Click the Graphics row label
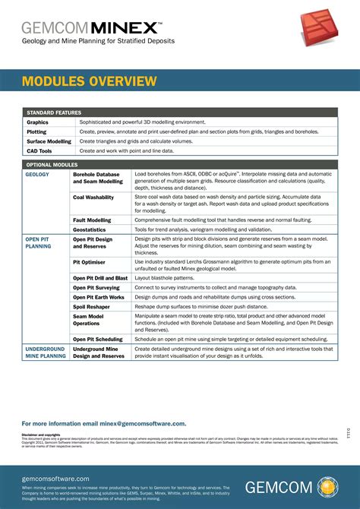(x=37, y=122)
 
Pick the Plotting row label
(x=36, y=131)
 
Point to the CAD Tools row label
(x=39, y=151)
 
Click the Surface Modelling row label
(x=49, y=141)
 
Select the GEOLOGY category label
(x=37, y=174)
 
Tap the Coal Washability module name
(x=93, y=197)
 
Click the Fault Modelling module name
(x=92, y=220)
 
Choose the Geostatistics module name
(x=89, y=229)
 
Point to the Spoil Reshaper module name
(x=91, y=306)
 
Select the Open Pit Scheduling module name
(x=98, y=339)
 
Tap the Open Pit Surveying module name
(x=96, y=288)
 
